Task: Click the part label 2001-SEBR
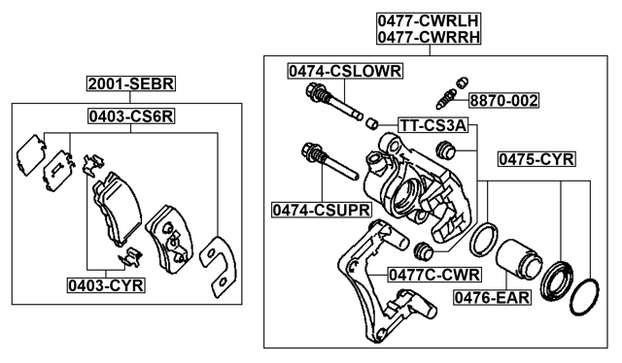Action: [x=126, y=84]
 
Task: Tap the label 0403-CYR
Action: [x=105, y=284]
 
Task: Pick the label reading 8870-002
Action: [x=504, y=100]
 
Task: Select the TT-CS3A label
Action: [x=433, y=125]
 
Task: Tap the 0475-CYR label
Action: [x=536, y=158]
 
